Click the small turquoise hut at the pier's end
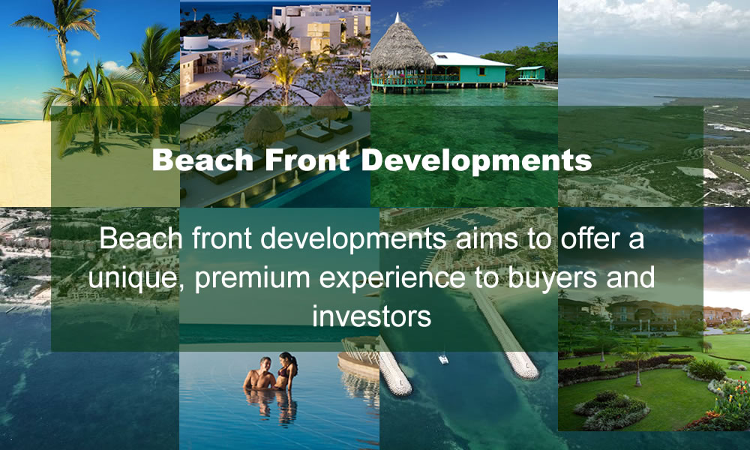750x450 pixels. tap(530, 73)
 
